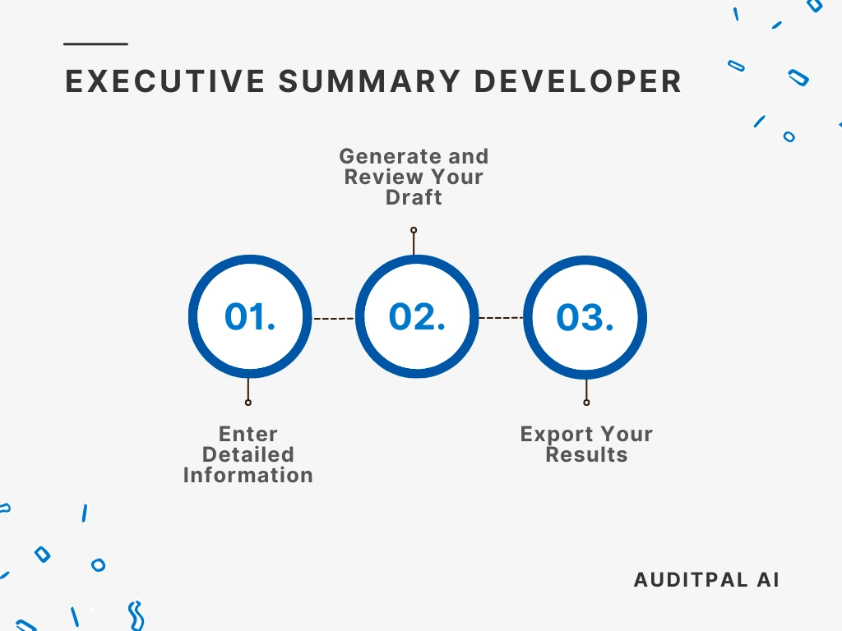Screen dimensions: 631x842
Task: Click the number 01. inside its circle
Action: coord(250,317)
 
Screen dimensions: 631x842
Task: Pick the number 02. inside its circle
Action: coord(417,316)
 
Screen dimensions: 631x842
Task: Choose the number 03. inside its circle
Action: coord(585,318)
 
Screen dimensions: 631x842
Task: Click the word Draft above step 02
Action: coord(414,197)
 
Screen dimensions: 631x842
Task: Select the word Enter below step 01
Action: coord(248,434)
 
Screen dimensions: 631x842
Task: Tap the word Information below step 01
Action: coord(248,475)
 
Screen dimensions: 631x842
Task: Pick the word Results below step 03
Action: coord(586,454)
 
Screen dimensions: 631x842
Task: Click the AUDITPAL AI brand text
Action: coord(706,579)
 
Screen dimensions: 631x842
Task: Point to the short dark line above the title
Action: coord(96,44)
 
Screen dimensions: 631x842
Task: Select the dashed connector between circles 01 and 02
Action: coord(333,318)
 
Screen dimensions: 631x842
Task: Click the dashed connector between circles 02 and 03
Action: coord(501,317)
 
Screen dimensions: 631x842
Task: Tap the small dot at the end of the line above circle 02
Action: coord(414,230)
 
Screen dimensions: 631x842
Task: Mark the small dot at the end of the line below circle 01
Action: coord(248,403)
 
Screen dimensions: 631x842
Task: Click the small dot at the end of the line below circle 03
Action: coord(586,403)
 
